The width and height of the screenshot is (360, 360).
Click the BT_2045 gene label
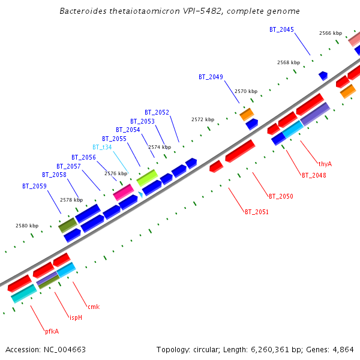tap(281, 29)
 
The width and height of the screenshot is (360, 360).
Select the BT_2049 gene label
tap(211, 77)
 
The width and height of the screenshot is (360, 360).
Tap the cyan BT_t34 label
tap(102, 147)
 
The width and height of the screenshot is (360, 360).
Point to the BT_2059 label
tap(34, 186)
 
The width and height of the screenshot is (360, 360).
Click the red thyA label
tap(325, 163)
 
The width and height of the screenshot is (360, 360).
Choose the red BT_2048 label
tap(314, 175)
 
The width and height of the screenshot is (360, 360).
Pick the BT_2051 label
tap(256, 212)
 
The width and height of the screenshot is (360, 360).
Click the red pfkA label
tap(52, 331)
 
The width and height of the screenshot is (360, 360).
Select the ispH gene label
tap(76, 317)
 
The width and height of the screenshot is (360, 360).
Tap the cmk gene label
tap(94, 307)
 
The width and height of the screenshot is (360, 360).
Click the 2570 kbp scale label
tap(245, 91)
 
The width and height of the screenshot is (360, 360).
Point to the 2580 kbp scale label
tap(26, 226)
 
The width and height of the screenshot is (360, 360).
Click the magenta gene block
tap(124, 192)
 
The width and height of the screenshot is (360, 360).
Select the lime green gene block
tap(147, 177)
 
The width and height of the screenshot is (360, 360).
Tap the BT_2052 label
tap(157, 112)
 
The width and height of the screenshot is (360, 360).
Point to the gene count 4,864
tap(343, 349)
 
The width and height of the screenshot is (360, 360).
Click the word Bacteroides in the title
tap(83, 11)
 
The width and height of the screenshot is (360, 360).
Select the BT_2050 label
tap(281, 196)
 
